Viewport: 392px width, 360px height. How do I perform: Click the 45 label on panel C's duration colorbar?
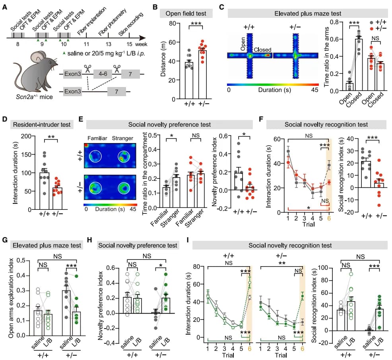tap(315, 90)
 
